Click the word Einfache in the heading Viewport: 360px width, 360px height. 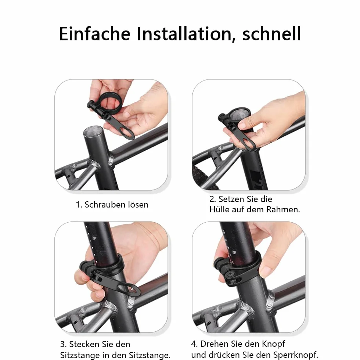tap(95, 33)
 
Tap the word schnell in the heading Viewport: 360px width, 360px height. tap(271, 33)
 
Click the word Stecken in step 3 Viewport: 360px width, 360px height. tap(84, 344)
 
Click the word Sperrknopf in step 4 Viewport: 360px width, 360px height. tap(296, 355)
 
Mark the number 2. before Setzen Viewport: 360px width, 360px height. tap(213, 199)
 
